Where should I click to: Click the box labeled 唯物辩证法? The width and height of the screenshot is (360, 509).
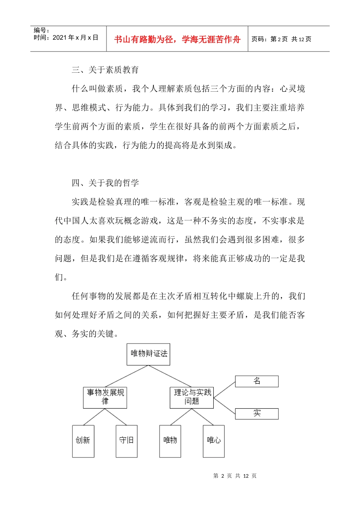(148, 354)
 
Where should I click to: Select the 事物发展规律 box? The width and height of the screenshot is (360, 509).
(105, 397)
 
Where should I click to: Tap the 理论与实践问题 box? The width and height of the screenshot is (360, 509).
(192, 397)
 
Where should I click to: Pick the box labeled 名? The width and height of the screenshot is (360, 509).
(257, 381)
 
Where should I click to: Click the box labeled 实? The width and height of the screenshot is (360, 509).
(257, 414)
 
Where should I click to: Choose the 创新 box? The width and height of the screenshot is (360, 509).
(83, 441)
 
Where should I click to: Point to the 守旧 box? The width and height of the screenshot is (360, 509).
(126, 441)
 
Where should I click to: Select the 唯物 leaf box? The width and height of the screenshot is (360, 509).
(170, 441)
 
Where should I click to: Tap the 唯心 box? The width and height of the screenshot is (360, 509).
(214, 441)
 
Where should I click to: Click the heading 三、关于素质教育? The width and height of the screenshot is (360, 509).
(105, 70)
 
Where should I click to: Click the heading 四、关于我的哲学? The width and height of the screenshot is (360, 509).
(105, 183)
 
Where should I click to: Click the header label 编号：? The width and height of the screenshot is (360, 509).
(42, 30)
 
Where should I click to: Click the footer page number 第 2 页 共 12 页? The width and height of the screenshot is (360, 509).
(235, 476)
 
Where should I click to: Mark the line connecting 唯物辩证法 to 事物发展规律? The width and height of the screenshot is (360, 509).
(127, 376)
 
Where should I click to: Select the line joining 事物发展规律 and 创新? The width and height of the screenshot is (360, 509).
(94, 417)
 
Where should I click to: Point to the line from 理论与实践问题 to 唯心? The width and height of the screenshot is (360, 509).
(203, 417)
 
